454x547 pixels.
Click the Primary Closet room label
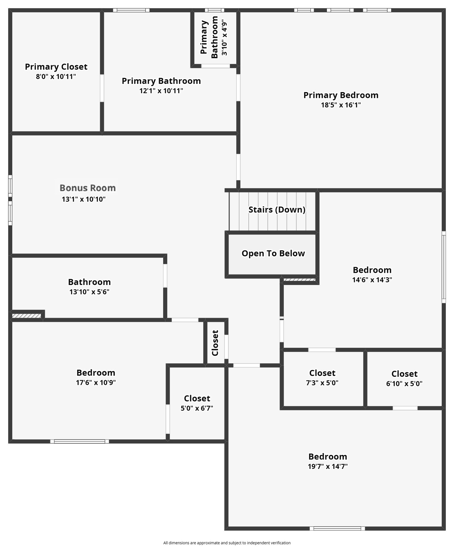(56, 67)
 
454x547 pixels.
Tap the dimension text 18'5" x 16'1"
(341, 105)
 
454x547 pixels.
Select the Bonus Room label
(88, 188)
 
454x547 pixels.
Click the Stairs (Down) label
(277, 210)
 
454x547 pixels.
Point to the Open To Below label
(273, 253)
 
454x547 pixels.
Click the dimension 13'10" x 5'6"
(89, 292)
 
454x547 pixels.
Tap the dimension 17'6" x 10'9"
(96, 382)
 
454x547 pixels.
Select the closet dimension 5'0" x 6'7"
(197, 408)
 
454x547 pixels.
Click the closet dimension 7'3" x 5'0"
(322, 383)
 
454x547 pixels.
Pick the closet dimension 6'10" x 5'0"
(404, 384)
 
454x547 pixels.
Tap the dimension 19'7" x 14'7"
(328, 466)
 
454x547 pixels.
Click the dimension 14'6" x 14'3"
(372, 280)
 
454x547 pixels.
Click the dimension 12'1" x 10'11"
(161, 91)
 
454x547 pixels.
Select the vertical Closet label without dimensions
(215, 343)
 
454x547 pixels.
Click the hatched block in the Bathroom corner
(26, 316)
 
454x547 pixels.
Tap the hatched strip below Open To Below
(299, 280)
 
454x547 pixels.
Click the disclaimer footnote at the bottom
(227, 543)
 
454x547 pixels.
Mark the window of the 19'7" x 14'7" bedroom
(337, 529)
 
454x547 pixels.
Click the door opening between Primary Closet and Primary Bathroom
(102, 88)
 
